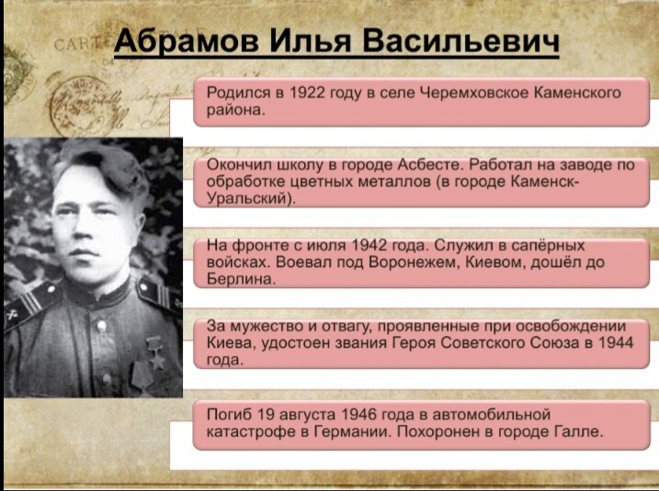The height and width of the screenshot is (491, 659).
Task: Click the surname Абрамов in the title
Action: tap(187, 41)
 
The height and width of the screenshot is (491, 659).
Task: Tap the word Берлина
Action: tap(241, 279)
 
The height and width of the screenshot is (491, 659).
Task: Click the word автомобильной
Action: tap(492, 414)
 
